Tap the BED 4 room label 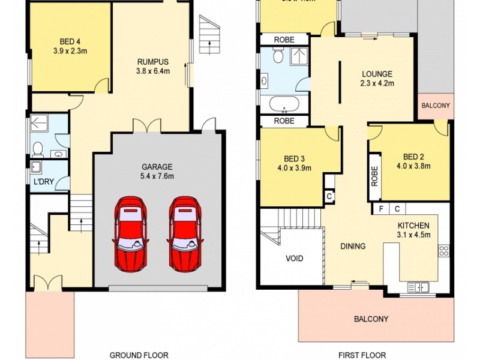click(x=70, y=41)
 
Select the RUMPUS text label click(x=152, y=61)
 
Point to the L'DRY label click(x=42, y=181)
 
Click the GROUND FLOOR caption click(x=139, y=355)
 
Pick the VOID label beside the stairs click(x=294, y=259)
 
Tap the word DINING click(x=353, y=246)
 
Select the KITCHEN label click(x=413, y=226)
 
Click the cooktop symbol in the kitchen click(x=444, y=250)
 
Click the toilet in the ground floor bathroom click(x=38, y=148)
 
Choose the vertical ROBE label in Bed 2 click(x=374, y=174)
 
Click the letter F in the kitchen click(x=380, y=209)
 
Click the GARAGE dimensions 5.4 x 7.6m click(x=157, y=176)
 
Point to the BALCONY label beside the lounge click(x=436, y=106)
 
